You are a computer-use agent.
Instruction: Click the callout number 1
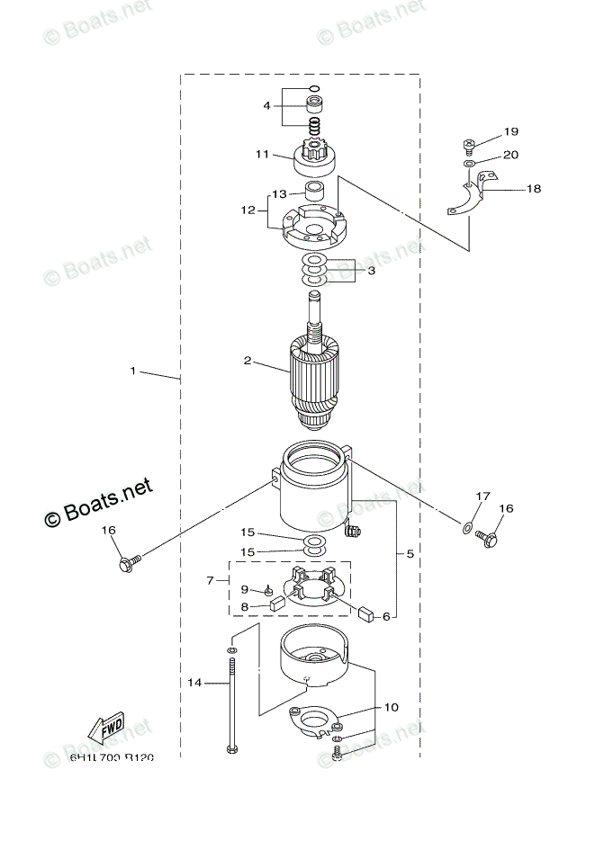[x=133, y=371]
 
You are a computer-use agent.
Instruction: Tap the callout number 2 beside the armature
[x=247, y=361]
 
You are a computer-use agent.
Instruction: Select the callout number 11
[x=262, y=155]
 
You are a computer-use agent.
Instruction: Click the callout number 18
[x=534, y=189]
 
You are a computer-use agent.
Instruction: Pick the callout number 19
[x=511, y=131]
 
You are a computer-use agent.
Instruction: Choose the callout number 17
[x=483, y=496]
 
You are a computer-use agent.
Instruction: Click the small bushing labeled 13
[x=316, y=191]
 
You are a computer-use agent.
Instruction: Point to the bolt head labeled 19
[x=470, y=142]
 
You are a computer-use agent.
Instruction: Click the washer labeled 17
[x=466, y=526]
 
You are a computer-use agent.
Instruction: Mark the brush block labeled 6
[x=366, y=614]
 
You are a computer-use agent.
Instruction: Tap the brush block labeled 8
[x=278, y=605]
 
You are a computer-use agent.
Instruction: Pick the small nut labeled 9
[x=268, y=591]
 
